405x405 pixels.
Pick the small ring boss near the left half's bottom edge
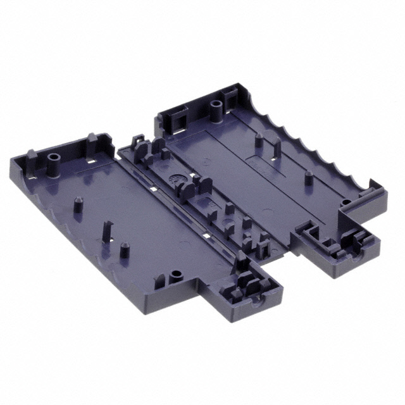tap(175, 277)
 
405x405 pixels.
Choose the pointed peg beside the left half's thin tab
tap(122, 249)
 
